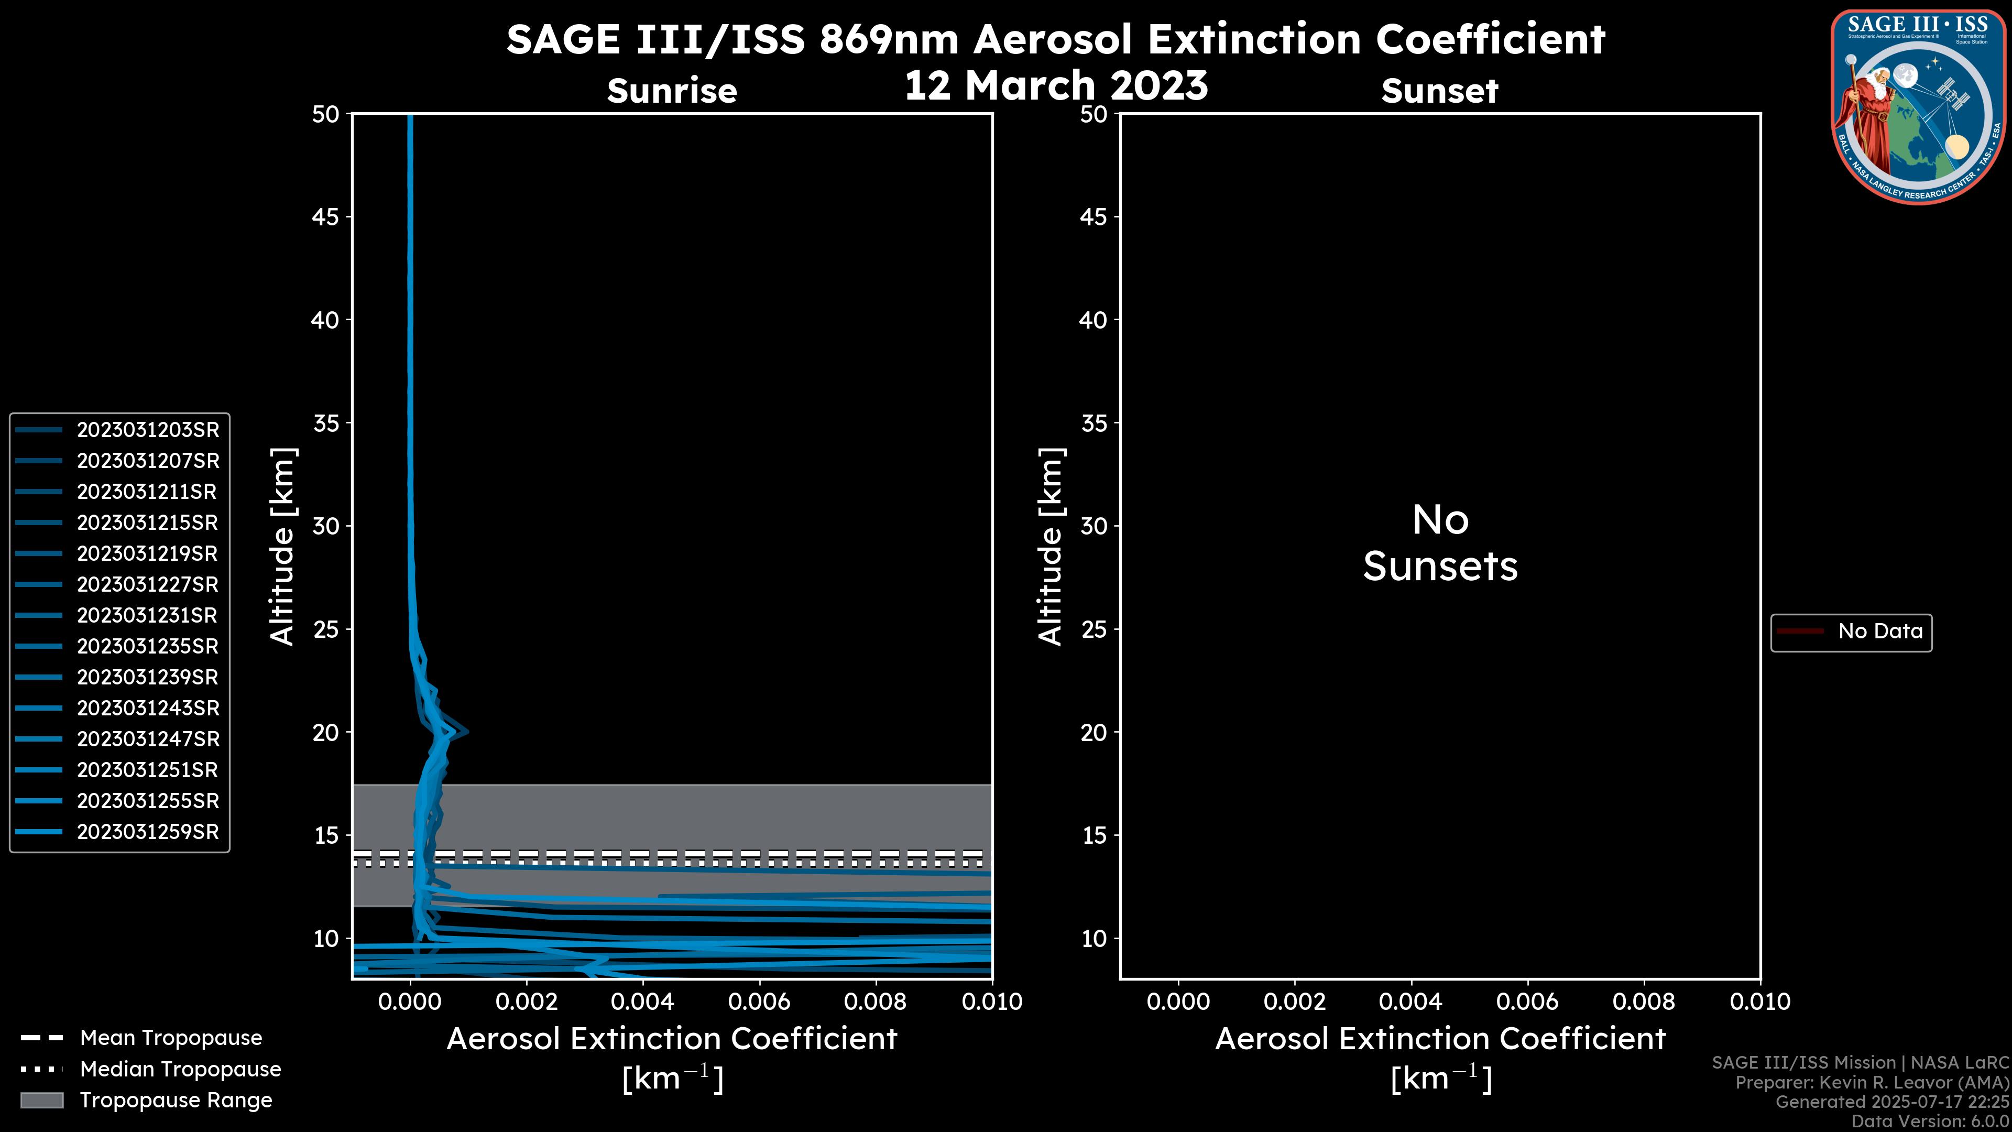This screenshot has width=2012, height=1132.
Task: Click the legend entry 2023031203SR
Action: point(148,430)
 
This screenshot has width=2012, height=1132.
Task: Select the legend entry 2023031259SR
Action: point(148,832)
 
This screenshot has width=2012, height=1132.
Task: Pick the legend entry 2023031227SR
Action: point(148,584)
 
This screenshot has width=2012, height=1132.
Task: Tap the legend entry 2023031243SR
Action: point(148,708)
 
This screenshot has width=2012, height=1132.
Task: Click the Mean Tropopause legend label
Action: point(171,1038)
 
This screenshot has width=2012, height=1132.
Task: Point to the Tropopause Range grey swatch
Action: point(42,1101)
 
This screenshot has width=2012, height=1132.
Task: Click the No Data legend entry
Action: point(1879,631)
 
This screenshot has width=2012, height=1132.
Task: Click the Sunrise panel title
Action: point(672,91)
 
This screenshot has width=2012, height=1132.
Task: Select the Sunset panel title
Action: point(1439,91)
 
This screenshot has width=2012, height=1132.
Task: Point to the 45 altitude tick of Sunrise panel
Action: point(326,217)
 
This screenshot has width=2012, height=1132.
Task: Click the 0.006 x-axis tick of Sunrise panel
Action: point(758,1002)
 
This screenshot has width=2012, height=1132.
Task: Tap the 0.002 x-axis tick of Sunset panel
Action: point(1294,1002)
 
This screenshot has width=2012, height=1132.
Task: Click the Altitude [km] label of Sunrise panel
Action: point(282,546)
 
